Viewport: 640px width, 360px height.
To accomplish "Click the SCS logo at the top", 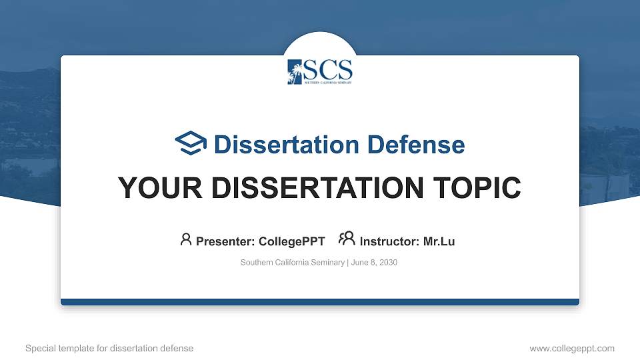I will (x=320, y=71).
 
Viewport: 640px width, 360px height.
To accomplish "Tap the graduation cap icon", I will (x=191, y=143).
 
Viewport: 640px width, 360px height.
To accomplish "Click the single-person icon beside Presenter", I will (x=186, y=239).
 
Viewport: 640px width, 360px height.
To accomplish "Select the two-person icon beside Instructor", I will (x=347, y=239).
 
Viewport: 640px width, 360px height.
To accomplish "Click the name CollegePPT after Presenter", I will (x=293, y=241).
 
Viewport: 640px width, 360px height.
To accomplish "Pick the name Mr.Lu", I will (x=439, y=241).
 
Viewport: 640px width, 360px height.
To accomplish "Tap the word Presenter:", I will (x=225, y=241).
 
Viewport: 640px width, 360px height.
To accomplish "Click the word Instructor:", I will (x=389, y=241).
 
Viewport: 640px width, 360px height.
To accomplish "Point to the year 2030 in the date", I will (x=387, y=263).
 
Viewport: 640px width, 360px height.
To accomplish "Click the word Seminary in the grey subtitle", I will (x=326, y=263).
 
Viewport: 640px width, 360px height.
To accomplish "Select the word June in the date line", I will (x=358, y=263).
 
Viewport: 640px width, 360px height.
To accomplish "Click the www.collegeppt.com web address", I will (x=571, y=348).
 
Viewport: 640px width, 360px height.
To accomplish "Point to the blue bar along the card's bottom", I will (x=320, y=302).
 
